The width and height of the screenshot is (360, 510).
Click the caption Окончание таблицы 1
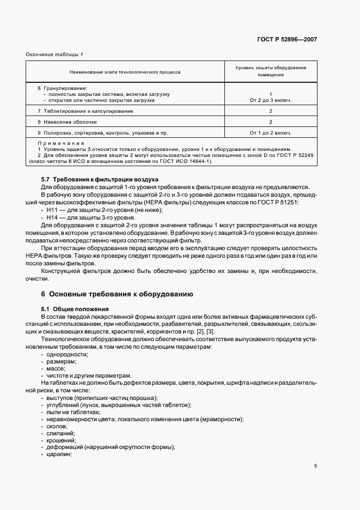(52, 54)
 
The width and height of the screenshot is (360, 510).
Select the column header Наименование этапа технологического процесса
(125, 72)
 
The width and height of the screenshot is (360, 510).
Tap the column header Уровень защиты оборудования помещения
(270, 71)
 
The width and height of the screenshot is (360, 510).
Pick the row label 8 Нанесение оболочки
(67, 122)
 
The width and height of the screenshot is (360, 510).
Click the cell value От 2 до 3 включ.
(270, 100)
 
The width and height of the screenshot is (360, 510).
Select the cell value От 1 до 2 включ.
(270, 132)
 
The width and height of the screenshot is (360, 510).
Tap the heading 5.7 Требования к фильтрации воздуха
(100, 179)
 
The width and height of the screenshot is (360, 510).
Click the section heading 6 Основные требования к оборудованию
(117, 294)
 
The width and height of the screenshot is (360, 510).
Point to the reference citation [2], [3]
(205, 332)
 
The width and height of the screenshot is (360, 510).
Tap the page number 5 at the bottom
(315, 466)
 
